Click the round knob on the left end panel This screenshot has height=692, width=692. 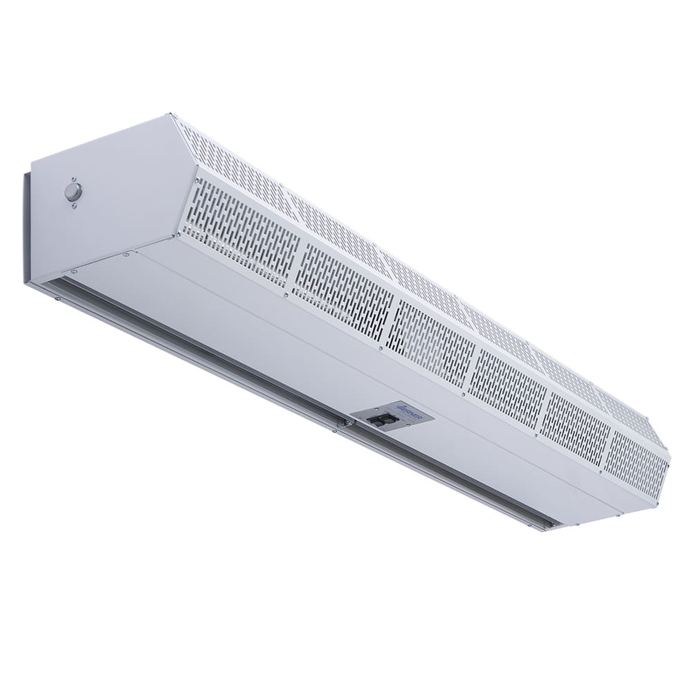(x=73, y=192)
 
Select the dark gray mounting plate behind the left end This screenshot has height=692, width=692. (x=26, y=228)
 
